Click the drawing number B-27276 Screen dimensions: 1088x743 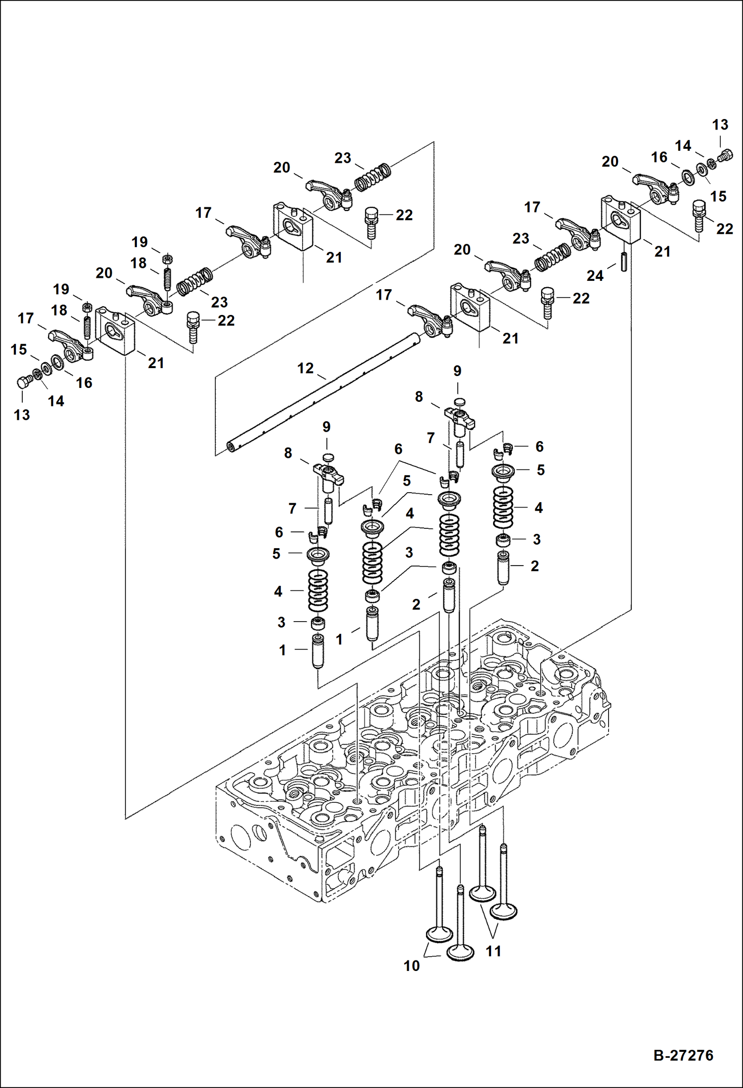coord(683,1055)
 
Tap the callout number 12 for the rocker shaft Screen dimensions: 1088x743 coord(306,368)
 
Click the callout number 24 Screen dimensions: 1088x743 coord(595,276)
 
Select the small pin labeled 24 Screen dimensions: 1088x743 coord(623,261)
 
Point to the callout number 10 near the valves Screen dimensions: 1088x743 coord(412,966)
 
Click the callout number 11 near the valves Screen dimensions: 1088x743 coord(493,951)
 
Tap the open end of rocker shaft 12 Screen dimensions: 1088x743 coord(231,447)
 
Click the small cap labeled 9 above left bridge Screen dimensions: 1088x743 coord(327,456)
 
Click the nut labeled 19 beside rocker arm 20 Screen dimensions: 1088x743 coord(167,258)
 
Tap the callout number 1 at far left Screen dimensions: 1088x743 coord(282,650)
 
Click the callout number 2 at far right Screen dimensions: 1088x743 coord(535,566)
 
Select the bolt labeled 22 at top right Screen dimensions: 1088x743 coord(698,215)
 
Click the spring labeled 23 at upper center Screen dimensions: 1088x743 coord(372,177)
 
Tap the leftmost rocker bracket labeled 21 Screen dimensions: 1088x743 coord(115,330)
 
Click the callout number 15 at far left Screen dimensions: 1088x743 coord(19,349)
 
